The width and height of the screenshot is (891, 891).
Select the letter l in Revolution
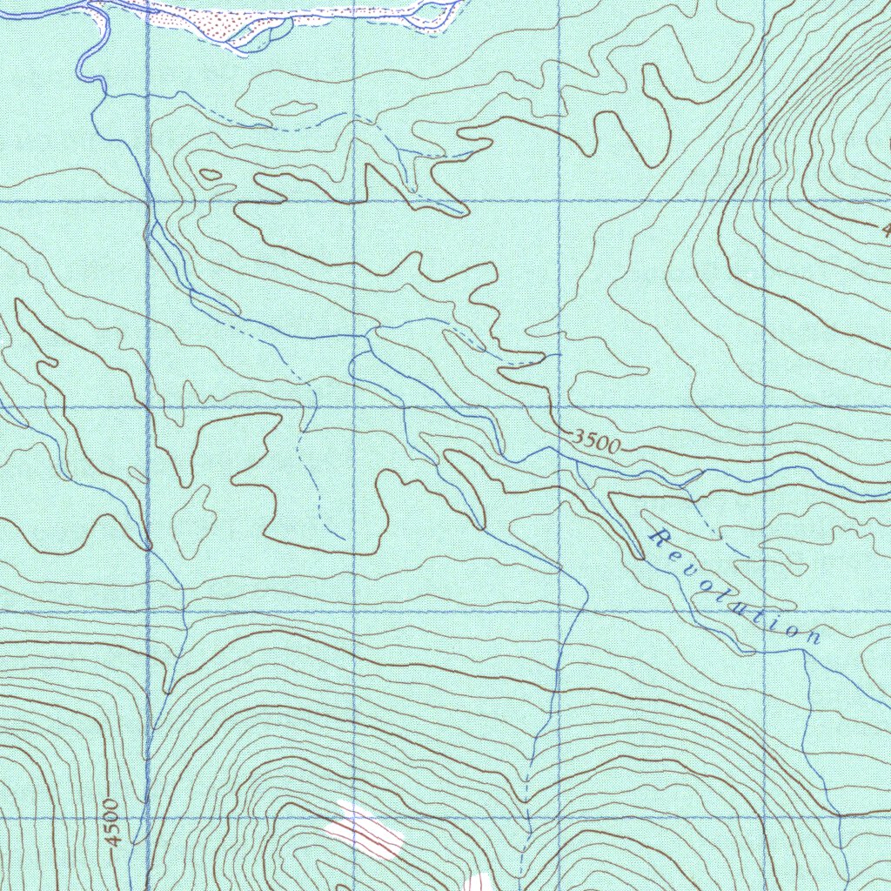click(x=728, y=600)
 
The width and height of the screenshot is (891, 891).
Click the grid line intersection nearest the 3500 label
click(x=559, y=406)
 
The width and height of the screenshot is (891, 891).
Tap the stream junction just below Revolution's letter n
click(x=805, y=653)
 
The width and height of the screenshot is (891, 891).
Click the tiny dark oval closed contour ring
click(x=210, y=175)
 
